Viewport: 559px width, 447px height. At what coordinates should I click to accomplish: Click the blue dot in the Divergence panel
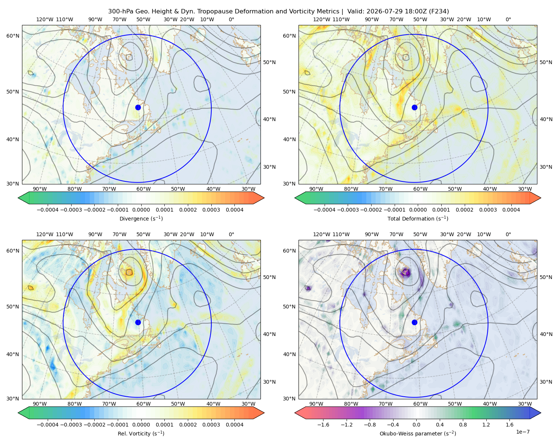pos(138,107)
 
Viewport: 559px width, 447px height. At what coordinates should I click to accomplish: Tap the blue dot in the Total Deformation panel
pos(414,107)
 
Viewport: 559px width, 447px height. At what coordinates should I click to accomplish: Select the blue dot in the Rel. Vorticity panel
pos(138,322)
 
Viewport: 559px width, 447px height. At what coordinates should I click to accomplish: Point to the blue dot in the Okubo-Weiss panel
pos(414,322)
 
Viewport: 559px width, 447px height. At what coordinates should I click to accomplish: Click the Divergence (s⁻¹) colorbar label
pos(141,218)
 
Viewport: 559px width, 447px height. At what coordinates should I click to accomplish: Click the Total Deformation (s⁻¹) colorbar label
pos(418,218)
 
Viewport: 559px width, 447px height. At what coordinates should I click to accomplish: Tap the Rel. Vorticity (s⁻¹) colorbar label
pos(141,433)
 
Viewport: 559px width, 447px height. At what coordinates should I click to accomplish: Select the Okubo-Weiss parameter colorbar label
pos(418,433)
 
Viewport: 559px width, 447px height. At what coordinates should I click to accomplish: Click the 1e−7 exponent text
pos(522,432)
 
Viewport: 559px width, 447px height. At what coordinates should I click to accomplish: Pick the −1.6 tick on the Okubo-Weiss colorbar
pos(323,424)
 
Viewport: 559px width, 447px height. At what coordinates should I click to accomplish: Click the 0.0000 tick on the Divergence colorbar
pos(141,210)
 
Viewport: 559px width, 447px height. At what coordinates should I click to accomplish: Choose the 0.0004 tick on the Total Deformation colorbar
pos(511,210)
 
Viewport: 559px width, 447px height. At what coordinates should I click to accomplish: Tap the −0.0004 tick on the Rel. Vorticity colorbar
pos(48,424)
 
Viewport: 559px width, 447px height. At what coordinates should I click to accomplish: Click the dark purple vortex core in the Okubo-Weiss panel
pos(405,272)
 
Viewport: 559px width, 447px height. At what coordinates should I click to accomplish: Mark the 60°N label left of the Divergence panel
pos(13,36)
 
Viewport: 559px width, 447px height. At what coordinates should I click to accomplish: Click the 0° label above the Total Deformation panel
pos(508,19)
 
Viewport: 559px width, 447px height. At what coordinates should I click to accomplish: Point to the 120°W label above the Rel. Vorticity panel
pos(45,234)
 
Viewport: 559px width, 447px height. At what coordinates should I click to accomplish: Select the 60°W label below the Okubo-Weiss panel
pos(420,404)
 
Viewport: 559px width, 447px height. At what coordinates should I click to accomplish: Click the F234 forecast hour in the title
pos(439,11)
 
